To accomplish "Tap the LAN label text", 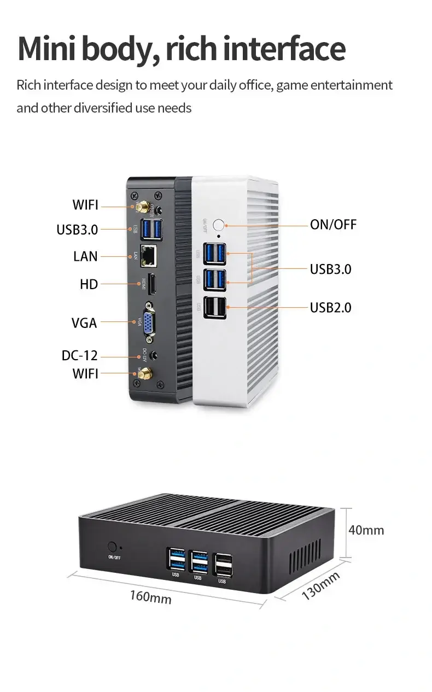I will pos(85,256).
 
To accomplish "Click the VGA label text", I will pos(84,323).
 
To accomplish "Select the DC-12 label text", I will pos(79,356).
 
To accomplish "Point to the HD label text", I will pos(89,284).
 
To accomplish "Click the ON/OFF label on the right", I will pos(333,224).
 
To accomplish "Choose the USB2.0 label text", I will pos(330,308).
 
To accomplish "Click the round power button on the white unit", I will pos(219,225).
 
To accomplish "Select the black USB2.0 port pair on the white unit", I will pos(215,308).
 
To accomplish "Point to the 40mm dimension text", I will pos(366,530).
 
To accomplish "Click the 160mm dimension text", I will pos(150,597).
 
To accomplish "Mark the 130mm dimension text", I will pos(320,586).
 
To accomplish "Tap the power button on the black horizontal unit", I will pos(113,546).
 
